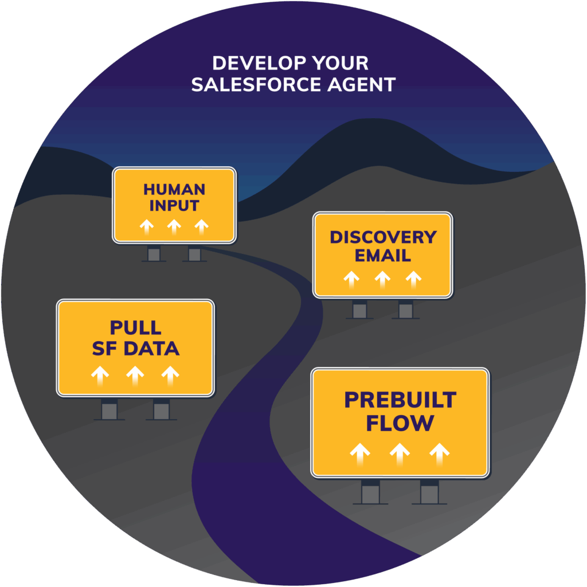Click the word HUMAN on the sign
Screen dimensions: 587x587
point(174,190)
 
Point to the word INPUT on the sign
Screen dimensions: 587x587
point(174,206)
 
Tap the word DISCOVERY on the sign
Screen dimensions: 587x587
point(383,237)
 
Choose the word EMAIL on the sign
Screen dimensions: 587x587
point(383,255)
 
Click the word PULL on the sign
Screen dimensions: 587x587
point(136,328)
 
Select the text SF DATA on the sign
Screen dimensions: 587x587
point(136,349)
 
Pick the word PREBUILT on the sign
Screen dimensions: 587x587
point(400,400)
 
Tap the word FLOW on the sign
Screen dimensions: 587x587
point(400,424)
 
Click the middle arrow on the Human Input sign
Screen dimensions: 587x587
point(174,227)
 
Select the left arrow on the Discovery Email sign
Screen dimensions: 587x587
point(351,279)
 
